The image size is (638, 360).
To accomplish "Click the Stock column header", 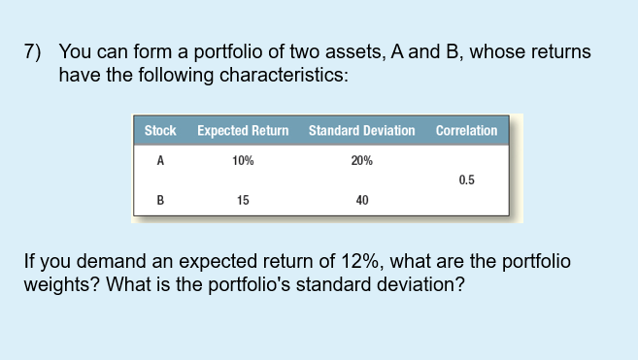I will (160, 130).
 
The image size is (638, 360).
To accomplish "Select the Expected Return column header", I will (243, 130).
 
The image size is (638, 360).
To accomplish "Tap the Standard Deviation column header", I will (361, 130).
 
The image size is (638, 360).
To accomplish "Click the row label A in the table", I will (160, 162).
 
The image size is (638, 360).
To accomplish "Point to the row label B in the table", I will (160, 201).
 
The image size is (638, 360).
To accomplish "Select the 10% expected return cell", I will (244, 162).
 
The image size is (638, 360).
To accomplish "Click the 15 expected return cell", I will (243, 201).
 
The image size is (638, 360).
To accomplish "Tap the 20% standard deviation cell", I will (361, 162).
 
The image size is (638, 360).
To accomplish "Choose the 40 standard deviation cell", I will (361, 201).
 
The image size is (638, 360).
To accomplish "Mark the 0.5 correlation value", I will (466, 180).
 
